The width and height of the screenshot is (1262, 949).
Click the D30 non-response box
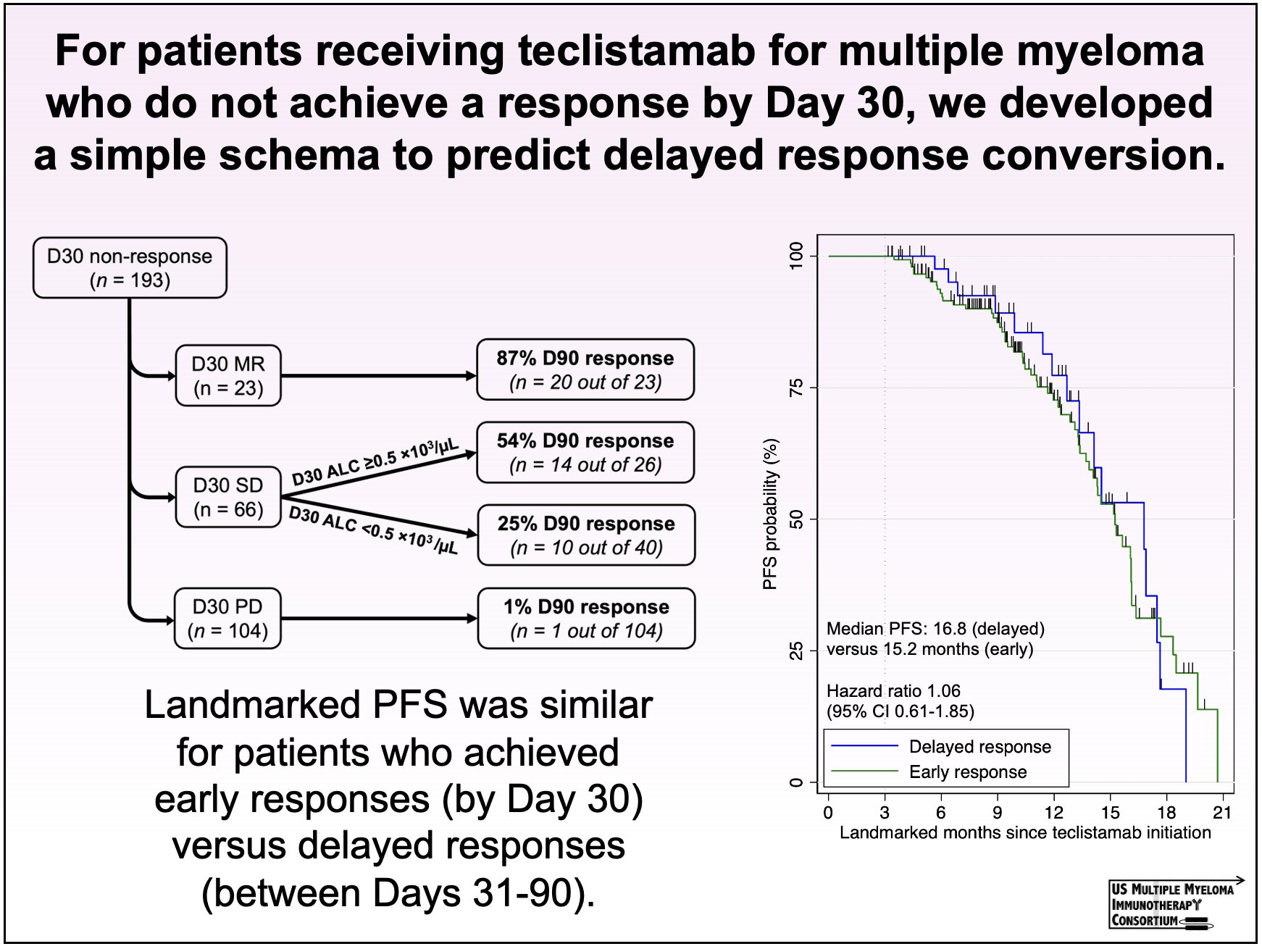[130, 268]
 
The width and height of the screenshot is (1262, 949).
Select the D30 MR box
[228, 375]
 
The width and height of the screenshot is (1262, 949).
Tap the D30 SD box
[228, 497]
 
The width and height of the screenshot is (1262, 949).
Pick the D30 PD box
[227, 618]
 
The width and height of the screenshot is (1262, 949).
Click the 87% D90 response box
[585, 369]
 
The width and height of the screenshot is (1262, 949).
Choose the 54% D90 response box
[585, 452]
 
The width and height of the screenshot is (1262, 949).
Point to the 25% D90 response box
[586, 535]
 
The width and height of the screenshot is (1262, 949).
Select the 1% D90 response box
[586, 618]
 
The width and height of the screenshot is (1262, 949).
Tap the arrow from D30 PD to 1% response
[378, 618]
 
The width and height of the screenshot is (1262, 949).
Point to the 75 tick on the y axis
[797, 388]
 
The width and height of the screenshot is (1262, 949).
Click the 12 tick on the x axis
[1053, 813]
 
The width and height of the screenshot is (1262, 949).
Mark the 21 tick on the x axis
[1222, 813]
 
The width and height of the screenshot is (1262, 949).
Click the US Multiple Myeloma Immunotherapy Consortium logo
[1171, 905]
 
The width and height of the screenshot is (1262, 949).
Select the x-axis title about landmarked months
[1025, 833]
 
